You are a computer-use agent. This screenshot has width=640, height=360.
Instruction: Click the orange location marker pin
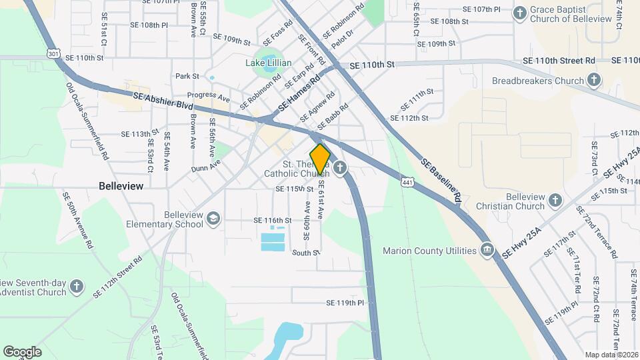(321, 159)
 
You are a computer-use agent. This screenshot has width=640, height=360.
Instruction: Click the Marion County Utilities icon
(487, 251)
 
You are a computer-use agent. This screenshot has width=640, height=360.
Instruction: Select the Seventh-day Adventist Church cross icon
(77, 287)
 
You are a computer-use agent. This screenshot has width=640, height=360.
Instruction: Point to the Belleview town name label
(121, 187)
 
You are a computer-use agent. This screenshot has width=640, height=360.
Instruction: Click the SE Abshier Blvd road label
(163, 101)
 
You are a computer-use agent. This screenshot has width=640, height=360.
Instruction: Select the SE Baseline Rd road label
(440, 179)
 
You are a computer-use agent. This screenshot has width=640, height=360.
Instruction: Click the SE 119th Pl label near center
(345, 303)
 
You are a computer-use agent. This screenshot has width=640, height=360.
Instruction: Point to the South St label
(306, 253)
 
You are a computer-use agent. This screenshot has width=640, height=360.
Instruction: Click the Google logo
(22, 351)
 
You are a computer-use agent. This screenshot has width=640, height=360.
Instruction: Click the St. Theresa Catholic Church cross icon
(341, 168)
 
